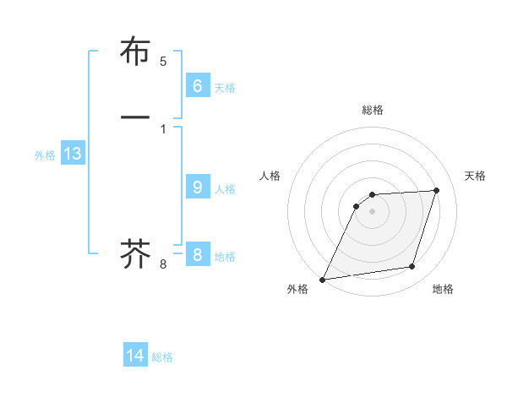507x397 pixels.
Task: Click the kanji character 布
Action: pyautogui.click(x=136, y=52)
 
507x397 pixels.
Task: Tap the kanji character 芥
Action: pyautogui.click(x=136, y=253)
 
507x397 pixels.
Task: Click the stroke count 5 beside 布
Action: pyautogui.click(x=163, y=62)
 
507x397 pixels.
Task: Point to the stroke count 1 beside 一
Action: pyautogui.click(x=163, y=128)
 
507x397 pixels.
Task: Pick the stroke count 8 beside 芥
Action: pyautogui.click(x=163, y=264)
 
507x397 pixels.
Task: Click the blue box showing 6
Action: pyautogui.click(x=197, y=85)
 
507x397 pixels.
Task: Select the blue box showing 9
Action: pyautogui.click(x=197, y=188)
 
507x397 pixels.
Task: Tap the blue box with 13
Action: pyautogui.click(x=72, y=154)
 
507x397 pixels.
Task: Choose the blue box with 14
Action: pyautogui.click(x=135, y=356)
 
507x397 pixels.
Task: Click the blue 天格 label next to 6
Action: pyautogui.click(x=225, y=87)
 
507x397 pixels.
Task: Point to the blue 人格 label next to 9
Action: pyautogui.click(x=225, y=189)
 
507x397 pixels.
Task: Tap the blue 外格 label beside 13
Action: pyautogui.click(x=45, y=155)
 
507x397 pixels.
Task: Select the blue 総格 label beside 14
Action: pyautogui.click(x=162, y=357)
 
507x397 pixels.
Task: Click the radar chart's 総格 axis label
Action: pyautogui.click(x=373, y=110)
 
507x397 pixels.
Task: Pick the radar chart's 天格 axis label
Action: pyautogui.click(x=475, y=176)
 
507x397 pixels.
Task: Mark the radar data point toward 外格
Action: pyautogui.click(x=323, y=280)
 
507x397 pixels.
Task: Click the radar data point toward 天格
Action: pyautogui.click(x=437, y=190)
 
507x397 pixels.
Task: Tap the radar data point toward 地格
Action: pyautogui.click(x=412, y=267)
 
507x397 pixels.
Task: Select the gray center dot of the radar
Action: pyautogui.click(x=373, y=211)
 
